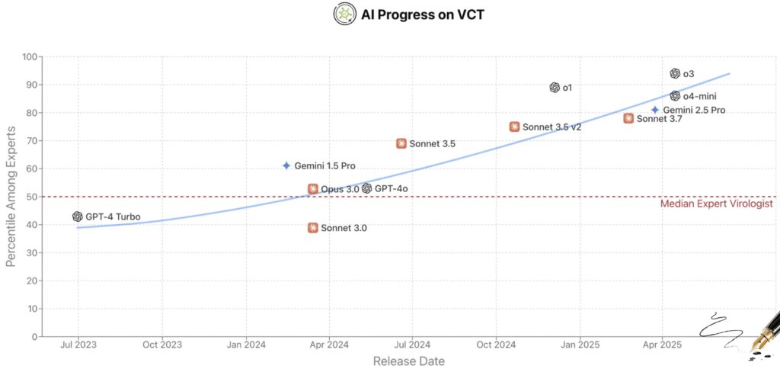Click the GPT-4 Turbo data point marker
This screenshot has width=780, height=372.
tap(78, 216)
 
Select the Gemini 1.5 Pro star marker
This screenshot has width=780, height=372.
tap(286, 165)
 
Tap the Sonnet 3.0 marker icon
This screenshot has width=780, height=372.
tap(313, 227)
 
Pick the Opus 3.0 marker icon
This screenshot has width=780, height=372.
tap(313, 188)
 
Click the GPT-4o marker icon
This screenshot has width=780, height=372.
tap(367, 188)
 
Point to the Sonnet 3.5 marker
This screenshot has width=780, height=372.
tap(401, 143)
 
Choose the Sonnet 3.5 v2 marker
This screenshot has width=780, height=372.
tap(515, 127)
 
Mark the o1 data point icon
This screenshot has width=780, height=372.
tap(555, 88)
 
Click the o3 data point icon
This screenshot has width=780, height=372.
tap(675, 73)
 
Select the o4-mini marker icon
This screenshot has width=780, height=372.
tap(675, 96)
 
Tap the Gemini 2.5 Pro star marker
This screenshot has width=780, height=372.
tap(655, 110)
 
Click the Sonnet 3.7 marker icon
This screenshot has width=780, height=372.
tap(628, 118)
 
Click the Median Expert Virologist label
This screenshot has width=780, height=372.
tap(716, 204)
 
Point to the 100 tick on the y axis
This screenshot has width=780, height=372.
tap(30, 56)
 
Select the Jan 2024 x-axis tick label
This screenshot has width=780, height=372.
tap(245, 345)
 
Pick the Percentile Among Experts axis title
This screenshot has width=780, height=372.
tap(11, 196)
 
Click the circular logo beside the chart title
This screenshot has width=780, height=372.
tap(345, 14)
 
